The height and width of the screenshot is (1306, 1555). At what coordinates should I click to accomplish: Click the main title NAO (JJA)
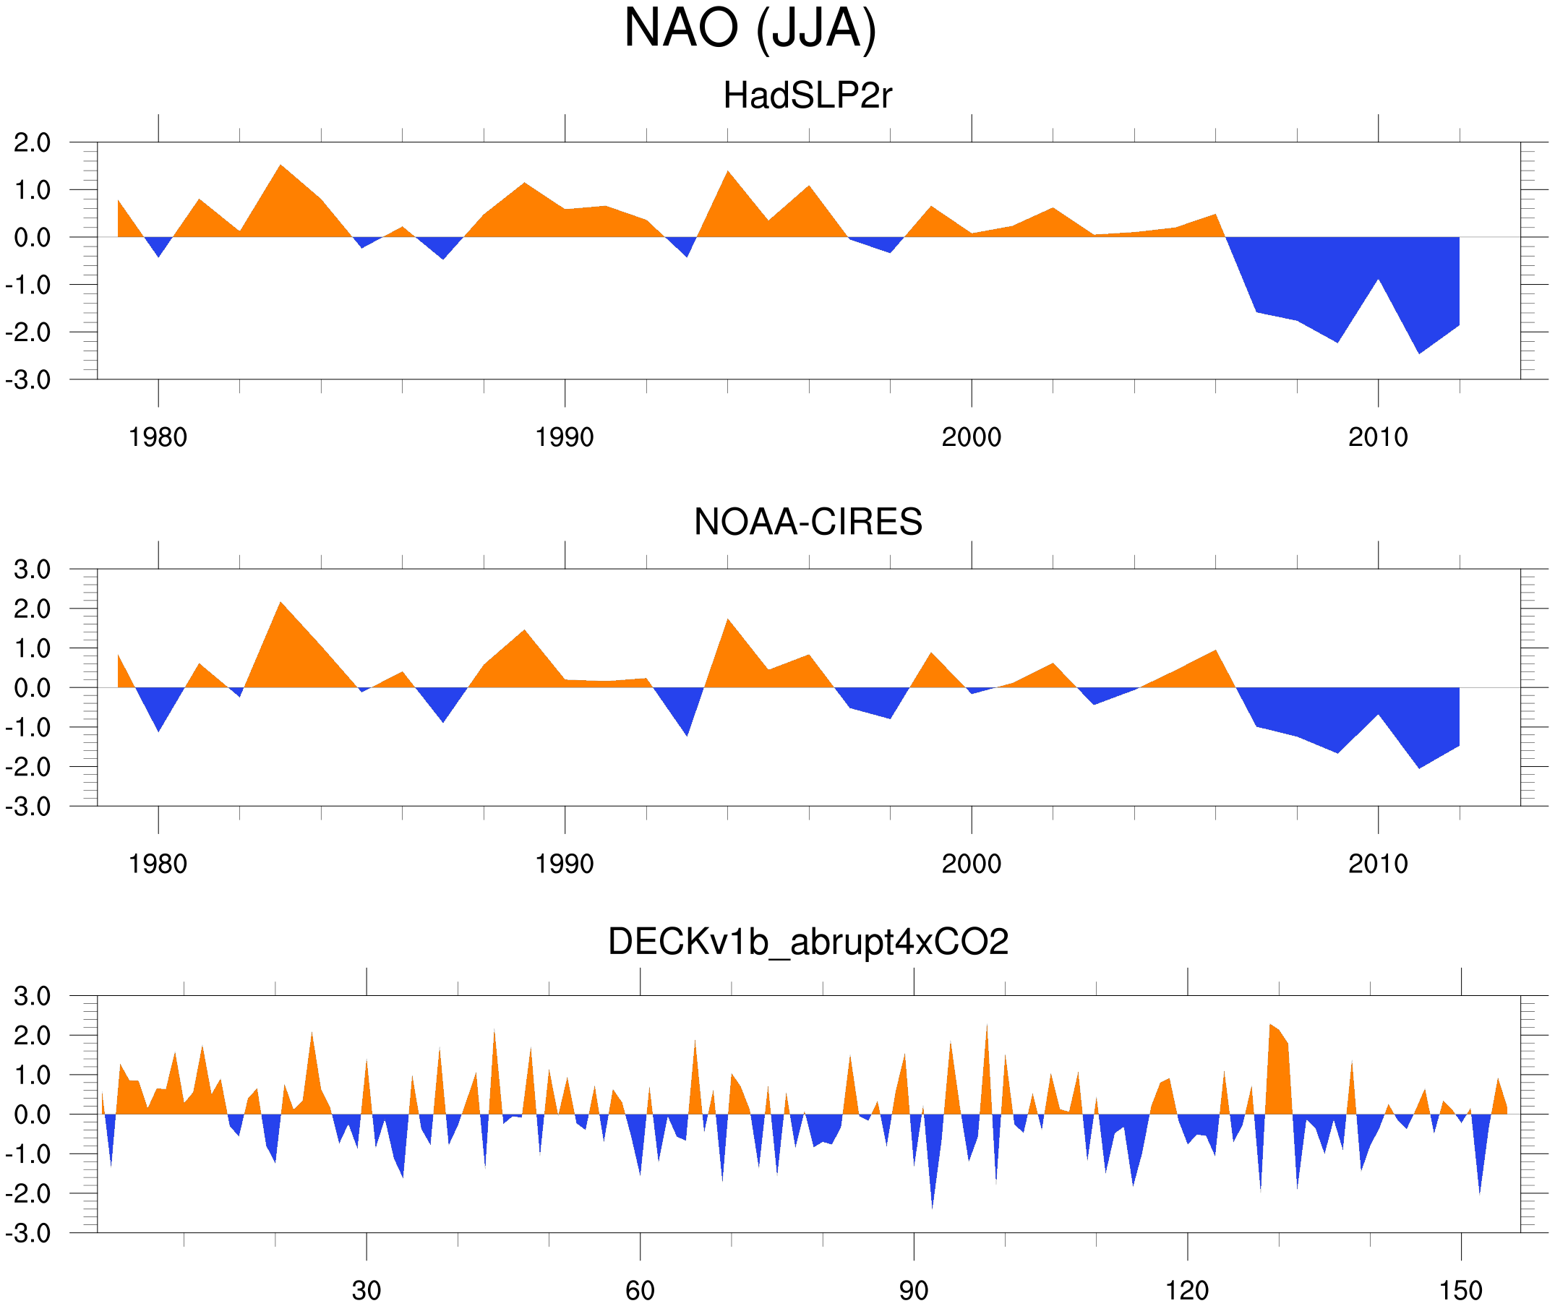(x=750, y=29)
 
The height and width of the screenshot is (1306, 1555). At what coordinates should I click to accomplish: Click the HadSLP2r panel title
(x=808, y=95)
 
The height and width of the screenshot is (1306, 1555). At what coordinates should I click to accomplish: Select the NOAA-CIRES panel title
(x=808, y=522)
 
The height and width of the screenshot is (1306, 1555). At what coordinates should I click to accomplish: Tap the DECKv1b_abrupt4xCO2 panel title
(x=808, y=942)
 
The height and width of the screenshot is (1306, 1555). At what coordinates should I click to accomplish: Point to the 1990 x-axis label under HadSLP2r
(x=565, y=437)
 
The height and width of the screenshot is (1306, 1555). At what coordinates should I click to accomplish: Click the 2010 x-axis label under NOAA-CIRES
(x=1377, y=864)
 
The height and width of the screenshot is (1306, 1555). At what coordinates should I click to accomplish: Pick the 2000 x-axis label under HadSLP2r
(x=971, y=437)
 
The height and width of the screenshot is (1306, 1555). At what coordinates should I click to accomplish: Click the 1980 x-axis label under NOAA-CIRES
(x=158, y=864)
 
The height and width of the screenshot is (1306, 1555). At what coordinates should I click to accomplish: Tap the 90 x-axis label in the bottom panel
(x=913, y=1290)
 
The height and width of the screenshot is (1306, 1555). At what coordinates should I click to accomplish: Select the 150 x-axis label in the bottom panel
(x=1460, y=1290)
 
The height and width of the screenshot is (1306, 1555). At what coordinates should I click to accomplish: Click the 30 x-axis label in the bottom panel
(x=366, y=1290)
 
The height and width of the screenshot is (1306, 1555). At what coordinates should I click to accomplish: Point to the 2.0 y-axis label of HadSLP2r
(x=32, y=142)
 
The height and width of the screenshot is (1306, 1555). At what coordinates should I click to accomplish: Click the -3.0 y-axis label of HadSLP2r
(x=28, y=380)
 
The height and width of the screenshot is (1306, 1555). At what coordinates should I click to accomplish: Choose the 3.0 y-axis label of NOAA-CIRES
(x=32, y=570)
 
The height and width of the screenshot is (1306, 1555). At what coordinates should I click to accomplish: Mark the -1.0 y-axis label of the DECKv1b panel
(x=28, y=1154)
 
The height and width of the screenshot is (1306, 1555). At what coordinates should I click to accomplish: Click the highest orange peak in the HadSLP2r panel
(x=280, y=165)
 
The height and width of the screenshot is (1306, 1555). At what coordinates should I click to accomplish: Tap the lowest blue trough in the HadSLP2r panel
(x=1419, y=353)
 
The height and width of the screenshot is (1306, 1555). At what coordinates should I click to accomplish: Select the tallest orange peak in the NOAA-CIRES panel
(x=280, y=602)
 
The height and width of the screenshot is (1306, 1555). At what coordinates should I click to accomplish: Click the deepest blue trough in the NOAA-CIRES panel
(x=1419, y=768)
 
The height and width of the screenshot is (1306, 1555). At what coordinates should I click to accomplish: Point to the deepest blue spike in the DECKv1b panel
(x=932, y=1208)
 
